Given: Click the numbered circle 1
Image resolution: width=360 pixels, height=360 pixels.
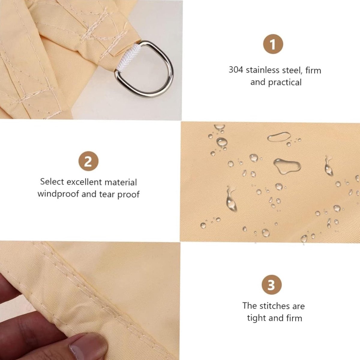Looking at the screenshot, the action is click(273, 44).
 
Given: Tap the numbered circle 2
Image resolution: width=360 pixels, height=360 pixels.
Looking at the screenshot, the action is click(88, 161).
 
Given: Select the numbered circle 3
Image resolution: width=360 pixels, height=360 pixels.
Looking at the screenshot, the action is click(271, 285).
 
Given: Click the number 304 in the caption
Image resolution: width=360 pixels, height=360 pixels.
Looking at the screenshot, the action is click(236, 70).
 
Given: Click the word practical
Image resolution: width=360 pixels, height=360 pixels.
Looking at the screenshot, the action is click(285, 82).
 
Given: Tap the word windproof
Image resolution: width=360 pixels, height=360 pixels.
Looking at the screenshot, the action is click(58, 194).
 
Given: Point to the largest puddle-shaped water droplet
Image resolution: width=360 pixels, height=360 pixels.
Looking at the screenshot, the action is click(287, 166).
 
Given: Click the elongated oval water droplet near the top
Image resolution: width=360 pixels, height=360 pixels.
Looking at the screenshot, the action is click(279, 137).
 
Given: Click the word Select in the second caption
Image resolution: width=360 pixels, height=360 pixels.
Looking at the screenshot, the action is click(52, 181).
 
